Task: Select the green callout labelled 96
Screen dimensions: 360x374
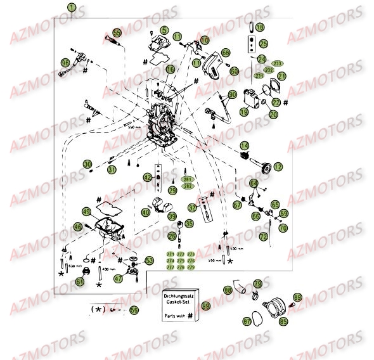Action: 65,63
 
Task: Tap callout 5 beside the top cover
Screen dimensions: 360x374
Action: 164,30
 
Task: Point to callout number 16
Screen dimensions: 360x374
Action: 171,69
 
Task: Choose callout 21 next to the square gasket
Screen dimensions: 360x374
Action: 281,76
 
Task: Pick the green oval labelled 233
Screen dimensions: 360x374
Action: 279,63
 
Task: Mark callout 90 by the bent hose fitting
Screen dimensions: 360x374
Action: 232,94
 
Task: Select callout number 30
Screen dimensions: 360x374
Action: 87,164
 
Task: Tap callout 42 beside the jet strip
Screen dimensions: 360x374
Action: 148,177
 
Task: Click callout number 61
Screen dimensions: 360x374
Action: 80,281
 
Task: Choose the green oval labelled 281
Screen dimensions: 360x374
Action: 188,179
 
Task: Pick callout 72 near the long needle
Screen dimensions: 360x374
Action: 262,236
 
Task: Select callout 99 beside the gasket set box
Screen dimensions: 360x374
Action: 205,305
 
